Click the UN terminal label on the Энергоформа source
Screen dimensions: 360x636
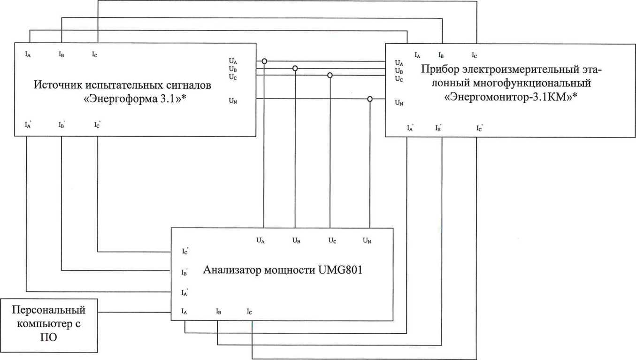tap(232, 100)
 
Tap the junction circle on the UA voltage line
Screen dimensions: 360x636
tap(264, 61)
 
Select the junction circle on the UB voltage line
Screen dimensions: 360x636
tap(295, 69)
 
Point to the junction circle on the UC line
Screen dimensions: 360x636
tap(330, 75)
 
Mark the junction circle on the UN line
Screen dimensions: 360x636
tap(370, 99)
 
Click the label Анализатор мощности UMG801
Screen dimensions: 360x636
tap(283, 271)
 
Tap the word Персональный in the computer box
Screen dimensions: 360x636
tap(48, 310)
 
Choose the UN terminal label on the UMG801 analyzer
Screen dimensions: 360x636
tap(367, 241)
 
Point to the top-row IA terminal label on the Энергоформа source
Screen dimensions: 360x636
tap(28, 54)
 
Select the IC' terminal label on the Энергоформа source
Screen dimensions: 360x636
tap(97, 125)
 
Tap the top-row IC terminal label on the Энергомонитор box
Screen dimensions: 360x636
tap(475, 55)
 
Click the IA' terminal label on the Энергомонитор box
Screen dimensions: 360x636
tap(410, 128)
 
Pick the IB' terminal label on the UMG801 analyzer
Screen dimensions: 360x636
tap(185, 272)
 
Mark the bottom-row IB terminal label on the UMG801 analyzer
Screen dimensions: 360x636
tap(218, 311)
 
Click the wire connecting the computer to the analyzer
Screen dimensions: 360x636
tap(135, 312)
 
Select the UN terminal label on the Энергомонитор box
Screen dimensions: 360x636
tap(399, 102)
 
